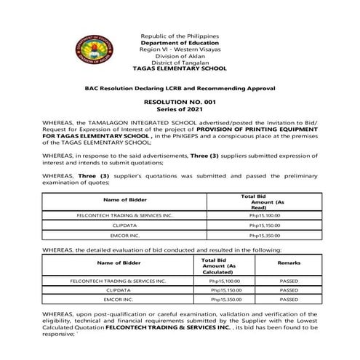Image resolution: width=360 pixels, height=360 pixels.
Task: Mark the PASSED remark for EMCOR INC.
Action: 289,299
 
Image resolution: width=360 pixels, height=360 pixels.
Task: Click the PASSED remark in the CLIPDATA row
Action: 289,289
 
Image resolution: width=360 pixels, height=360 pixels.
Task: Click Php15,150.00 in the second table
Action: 226,289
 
